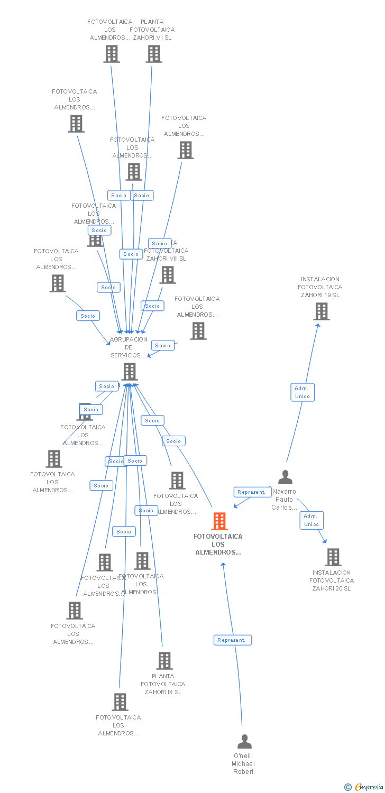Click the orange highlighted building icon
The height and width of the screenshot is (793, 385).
219,521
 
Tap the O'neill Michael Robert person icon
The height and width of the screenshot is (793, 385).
244,741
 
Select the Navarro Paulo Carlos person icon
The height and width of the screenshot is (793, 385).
285,477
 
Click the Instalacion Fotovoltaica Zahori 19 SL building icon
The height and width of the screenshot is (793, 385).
321,311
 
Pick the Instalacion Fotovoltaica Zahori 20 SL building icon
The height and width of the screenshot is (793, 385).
333,557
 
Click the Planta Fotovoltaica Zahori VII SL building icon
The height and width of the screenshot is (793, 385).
154,54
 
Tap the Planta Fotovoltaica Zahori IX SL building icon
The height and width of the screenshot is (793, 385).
164,661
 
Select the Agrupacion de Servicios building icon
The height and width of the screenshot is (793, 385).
130,372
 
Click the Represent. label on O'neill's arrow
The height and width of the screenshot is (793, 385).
232,640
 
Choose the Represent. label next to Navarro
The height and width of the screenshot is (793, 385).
252,492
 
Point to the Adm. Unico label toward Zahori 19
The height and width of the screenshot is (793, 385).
302,392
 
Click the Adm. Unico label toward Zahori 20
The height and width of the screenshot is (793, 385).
311,520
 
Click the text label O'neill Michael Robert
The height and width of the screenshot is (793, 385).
243,764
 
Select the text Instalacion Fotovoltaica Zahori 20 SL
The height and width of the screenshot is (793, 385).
332,580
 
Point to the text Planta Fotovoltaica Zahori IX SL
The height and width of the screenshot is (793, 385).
163,684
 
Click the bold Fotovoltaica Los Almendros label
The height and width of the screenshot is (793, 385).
218,545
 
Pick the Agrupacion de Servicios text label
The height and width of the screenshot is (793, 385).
129,347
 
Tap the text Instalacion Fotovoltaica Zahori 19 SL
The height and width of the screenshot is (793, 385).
320,287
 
